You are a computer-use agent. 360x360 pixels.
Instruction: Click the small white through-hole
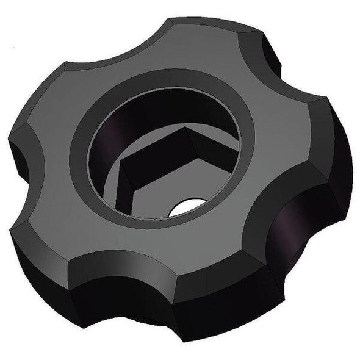[185, 207]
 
